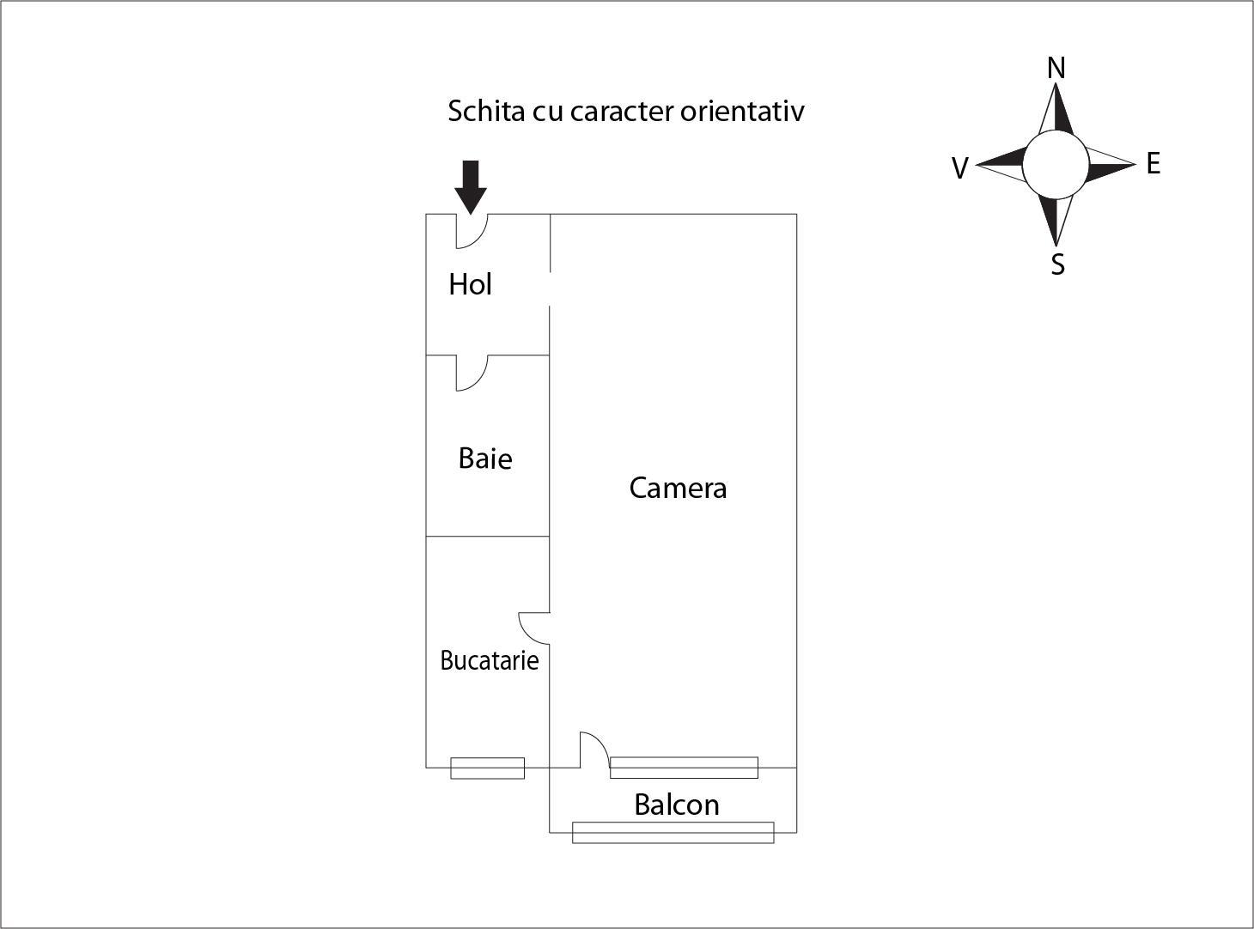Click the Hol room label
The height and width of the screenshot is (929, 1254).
point(470,284)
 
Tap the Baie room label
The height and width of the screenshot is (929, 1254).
point(485,458)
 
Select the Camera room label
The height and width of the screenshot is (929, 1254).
point(678,488)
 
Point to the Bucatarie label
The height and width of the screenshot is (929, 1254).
point(489,660)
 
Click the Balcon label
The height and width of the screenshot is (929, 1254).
point(676,805)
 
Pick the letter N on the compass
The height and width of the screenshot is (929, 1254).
point(1056,68)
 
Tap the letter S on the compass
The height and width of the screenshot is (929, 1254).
point(1058,264)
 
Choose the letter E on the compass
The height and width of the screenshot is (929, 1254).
point(1154,163)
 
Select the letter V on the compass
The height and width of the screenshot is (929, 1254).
point(960,168)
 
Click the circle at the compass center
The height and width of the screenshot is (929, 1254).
point(1056,165)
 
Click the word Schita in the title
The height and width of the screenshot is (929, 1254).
point(486,111)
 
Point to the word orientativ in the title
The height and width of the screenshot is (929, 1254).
point(742,111)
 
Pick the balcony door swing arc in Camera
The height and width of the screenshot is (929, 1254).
point(600,741)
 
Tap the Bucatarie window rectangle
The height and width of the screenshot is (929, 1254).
point(487,768)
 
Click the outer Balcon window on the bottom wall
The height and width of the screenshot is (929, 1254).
point(673,832)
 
